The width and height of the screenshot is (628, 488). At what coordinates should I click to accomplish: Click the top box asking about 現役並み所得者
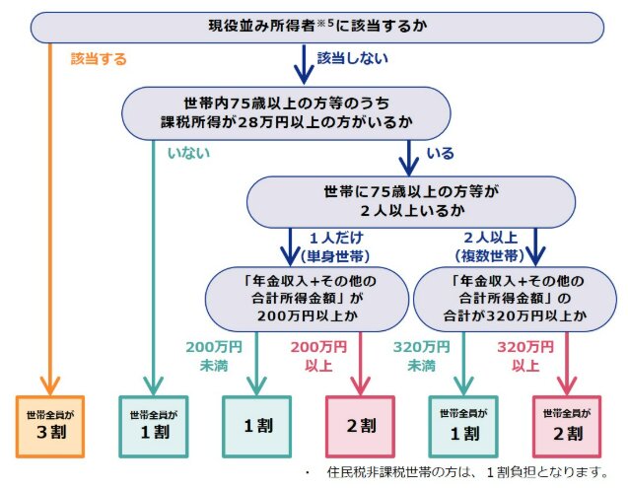[x=315, y=27]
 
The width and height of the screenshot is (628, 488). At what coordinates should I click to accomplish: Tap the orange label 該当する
[x=99, y=59]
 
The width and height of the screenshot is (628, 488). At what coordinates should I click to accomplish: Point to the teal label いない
[x=186, y=153]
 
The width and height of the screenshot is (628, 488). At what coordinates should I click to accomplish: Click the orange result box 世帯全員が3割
[x=50, y=425]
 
